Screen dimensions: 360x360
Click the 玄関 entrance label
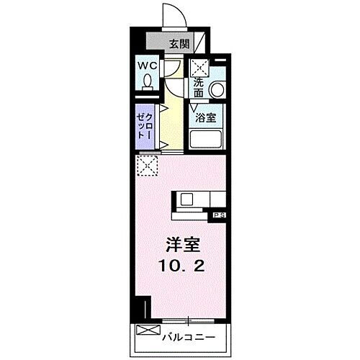[179, 43]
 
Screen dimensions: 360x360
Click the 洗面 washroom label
[199, 87]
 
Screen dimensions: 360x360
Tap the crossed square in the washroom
[199, 68]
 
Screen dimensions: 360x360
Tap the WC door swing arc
[174, 69]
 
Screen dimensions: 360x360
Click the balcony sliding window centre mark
[189, 320]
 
